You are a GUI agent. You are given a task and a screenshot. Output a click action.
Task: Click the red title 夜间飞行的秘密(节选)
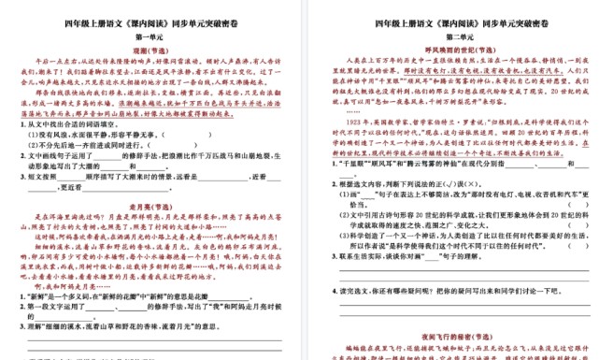click(446, 334)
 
